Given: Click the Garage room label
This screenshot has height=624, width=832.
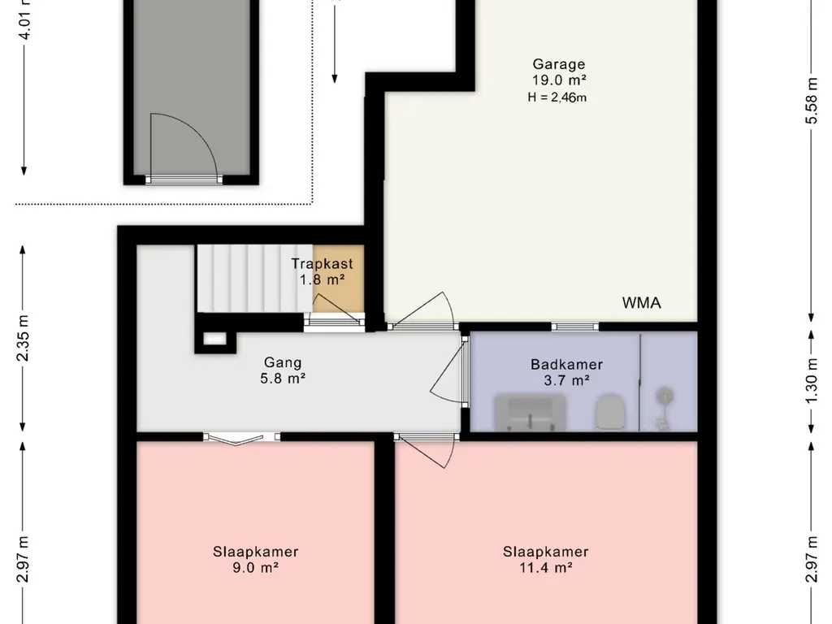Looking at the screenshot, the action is tap(559, 65).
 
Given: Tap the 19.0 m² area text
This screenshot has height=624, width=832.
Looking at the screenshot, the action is tap(559, 80).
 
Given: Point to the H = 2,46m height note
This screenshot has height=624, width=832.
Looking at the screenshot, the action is tap(557, 97).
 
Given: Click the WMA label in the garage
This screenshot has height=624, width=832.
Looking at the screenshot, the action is tap(642, 303).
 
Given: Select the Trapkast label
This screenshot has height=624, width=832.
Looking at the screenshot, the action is tap(322, 264).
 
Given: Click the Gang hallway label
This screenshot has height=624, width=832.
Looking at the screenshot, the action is tap(283, 363).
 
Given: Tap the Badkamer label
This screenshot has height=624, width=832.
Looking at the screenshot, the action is tap(566, 365).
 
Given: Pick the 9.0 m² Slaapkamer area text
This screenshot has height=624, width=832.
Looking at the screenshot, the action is tap(256, 568).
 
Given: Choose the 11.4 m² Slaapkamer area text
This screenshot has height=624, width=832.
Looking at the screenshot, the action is tap(545, 568).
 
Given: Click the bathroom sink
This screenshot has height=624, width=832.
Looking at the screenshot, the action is tap(530, 413).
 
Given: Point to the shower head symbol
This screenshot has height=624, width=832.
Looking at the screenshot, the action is tap(663, 396).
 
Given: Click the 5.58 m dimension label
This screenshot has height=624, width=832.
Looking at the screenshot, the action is tap(812, 101).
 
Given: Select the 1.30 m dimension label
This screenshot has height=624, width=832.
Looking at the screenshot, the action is tap(812, 380).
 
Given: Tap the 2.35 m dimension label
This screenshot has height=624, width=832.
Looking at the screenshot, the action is tap(24, 338).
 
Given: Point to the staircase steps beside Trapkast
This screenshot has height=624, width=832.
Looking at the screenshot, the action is tap(254, 279).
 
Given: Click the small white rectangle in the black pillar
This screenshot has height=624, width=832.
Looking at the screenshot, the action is tap(214, 339).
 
